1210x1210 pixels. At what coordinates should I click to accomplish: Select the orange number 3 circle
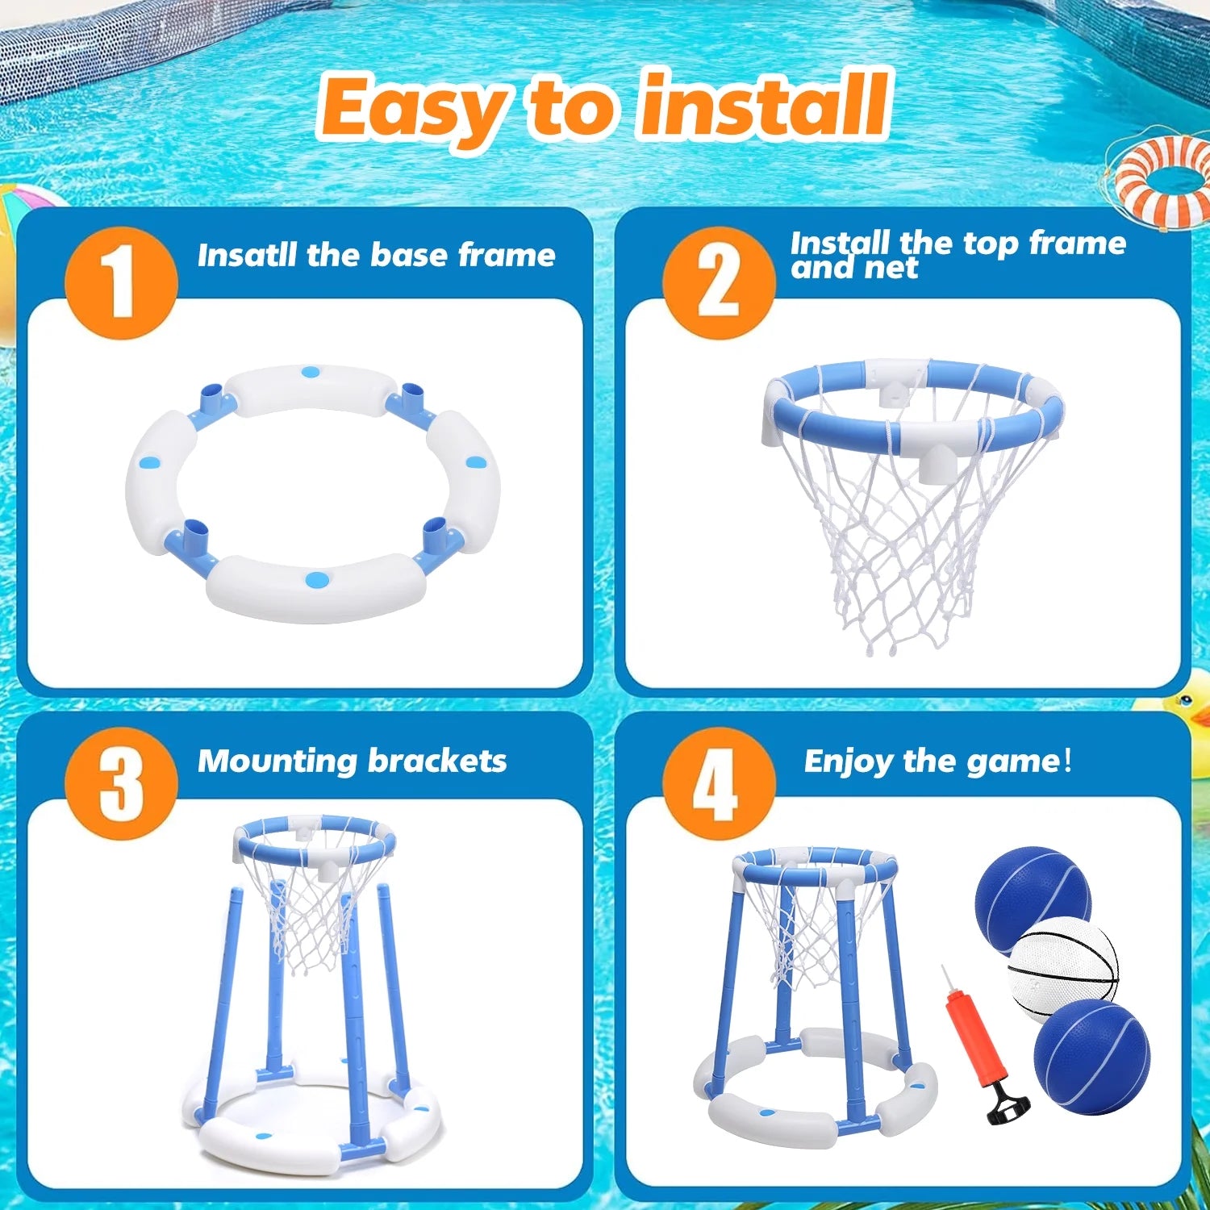coord(121,783)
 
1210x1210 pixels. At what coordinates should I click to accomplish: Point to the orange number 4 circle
coord(719,783)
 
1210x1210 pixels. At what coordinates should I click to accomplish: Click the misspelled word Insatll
coord(247,255)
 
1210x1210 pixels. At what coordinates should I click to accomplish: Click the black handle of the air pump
coord(1007,1105)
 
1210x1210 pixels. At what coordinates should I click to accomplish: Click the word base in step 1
coord(410,255)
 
